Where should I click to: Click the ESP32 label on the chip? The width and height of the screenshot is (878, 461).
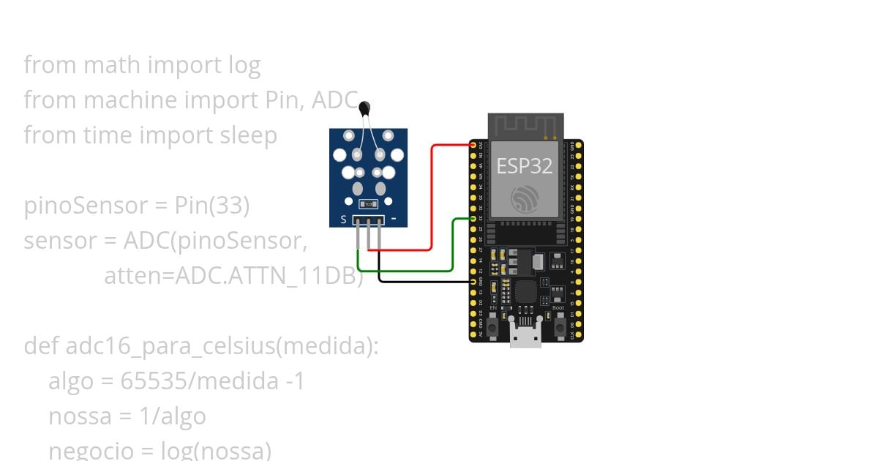point(525,165)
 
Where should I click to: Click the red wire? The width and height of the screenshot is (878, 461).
point(432,198)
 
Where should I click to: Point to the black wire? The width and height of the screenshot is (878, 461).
point(424,282)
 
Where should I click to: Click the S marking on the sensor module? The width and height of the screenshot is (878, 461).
point(343,220)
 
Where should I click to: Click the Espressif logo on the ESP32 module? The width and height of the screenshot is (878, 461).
point(525,199)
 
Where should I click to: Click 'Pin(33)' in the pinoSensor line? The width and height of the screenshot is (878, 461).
point(212,206)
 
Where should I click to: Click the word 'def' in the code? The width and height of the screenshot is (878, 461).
point(42,346)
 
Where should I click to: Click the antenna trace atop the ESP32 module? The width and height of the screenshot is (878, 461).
point(526,125)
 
